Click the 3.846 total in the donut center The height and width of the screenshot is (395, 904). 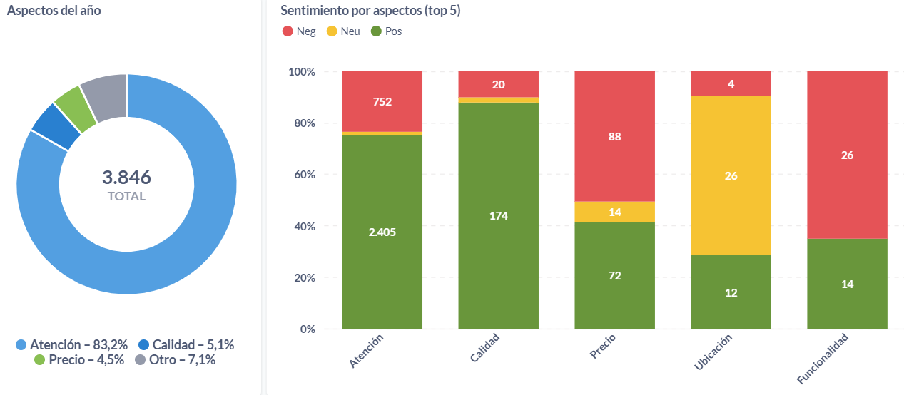[x=126, y=178]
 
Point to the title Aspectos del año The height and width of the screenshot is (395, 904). [x=54, y=10]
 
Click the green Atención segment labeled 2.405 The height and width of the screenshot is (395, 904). [x=382, y=232]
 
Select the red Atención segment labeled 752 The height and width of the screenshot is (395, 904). [x=382, y=101]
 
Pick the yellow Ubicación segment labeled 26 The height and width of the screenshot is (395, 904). [x=731, y=175]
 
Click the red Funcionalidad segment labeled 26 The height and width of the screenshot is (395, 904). [x=847, y=155]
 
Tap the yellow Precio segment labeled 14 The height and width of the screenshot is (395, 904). [x=614, y=212]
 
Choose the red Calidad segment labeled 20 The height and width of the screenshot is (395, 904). [x=498, y=84]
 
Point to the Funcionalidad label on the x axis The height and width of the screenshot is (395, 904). [x=823, y=358]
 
